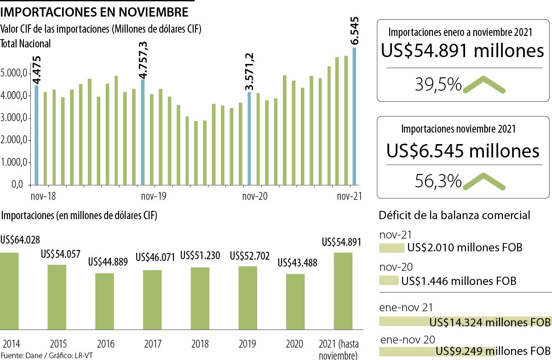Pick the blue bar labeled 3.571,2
tap(249, 138)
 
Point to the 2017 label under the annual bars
tap(152, 344)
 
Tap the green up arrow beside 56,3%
tap(484, 181)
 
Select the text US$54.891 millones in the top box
tap(463, 51)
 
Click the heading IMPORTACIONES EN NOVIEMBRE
tap(94, 11)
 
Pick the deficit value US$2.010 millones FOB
tap(465, 248)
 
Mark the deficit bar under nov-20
tap(389, 280)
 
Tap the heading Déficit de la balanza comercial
tap(454, 215)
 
